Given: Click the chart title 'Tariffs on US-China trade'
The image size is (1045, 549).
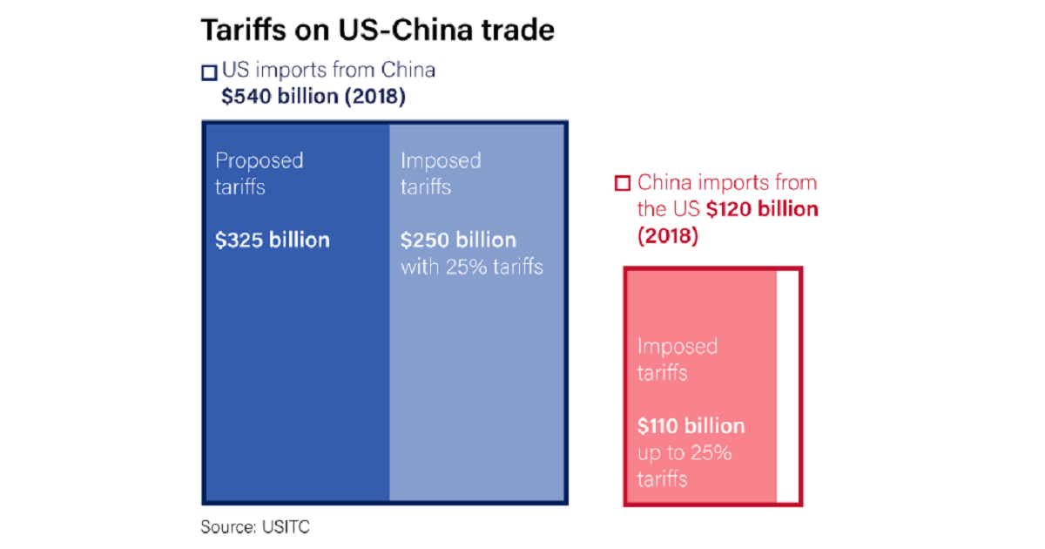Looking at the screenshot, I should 378,30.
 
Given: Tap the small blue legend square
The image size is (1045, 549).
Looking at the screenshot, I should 208,72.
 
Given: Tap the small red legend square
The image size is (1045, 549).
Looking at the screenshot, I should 622,184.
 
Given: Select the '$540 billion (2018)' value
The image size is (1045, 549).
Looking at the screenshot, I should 313,97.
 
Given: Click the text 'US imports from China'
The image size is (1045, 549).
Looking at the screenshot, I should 328,71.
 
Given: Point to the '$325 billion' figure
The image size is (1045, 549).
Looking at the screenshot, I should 273,240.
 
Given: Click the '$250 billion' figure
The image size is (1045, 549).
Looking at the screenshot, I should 458,240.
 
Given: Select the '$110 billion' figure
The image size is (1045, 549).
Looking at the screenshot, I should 691,426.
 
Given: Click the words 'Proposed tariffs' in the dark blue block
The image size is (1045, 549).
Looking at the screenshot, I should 259,173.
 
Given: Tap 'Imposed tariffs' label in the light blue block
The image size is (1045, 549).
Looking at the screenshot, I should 441,173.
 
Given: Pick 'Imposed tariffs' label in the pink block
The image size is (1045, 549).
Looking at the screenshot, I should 677,359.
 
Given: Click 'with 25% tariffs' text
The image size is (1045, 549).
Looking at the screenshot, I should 471,267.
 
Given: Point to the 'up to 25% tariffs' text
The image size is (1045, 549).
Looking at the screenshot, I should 684,465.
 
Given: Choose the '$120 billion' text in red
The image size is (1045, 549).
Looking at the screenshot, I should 762,209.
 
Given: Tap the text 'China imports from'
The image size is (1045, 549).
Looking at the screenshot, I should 727,183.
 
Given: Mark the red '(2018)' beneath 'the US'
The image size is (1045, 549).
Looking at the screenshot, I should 667,236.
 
